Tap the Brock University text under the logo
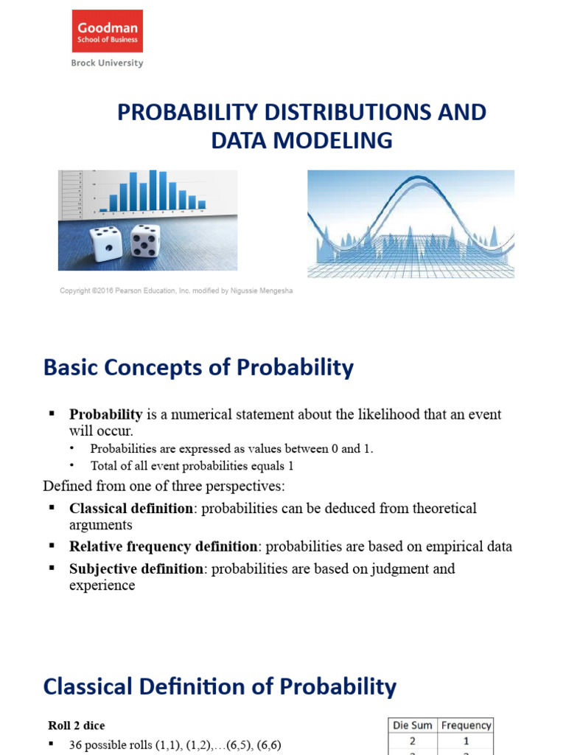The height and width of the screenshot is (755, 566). tap(107, 63)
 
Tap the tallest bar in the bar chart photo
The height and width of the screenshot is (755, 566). tap(153, 190)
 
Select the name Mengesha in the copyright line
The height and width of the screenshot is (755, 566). tap(273, 291)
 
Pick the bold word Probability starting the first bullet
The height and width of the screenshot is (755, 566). tap(105, 415)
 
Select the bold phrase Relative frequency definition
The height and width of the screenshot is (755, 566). tap(164, 547)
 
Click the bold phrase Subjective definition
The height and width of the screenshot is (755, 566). tap(136, 569)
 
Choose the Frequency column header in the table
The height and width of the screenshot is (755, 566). tap(466, 726)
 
